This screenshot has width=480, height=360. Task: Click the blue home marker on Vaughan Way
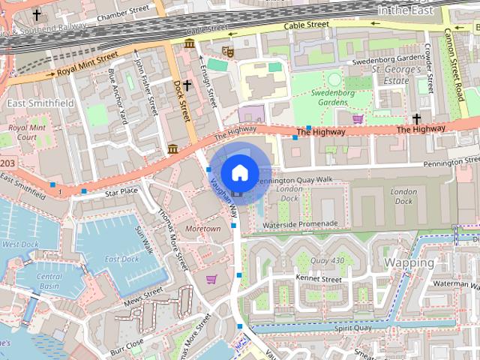238,173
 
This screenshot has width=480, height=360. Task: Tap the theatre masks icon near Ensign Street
229,52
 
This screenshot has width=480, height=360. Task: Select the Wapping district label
409,262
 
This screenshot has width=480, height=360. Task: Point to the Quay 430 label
327,260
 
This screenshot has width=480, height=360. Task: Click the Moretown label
203,228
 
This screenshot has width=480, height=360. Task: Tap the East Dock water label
121,259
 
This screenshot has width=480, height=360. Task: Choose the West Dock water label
20,244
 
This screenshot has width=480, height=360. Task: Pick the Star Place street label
121,193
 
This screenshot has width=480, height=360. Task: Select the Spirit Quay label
353,328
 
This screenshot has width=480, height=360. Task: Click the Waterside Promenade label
301,223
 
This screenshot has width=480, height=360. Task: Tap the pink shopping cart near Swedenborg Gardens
358,118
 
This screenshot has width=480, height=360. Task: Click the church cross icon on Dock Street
187,85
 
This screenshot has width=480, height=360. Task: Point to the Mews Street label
142,292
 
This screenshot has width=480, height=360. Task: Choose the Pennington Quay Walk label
294,180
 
